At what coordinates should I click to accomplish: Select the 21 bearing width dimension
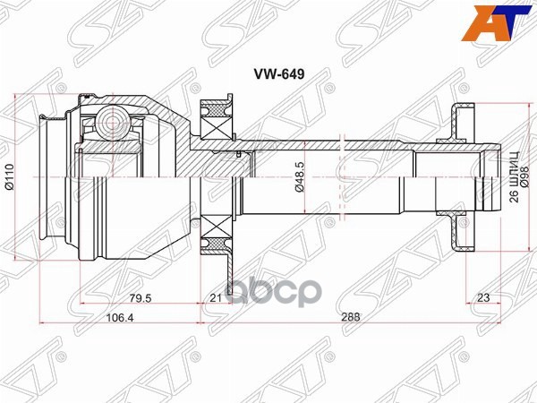214,297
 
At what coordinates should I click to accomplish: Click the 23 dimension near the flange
483,297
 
